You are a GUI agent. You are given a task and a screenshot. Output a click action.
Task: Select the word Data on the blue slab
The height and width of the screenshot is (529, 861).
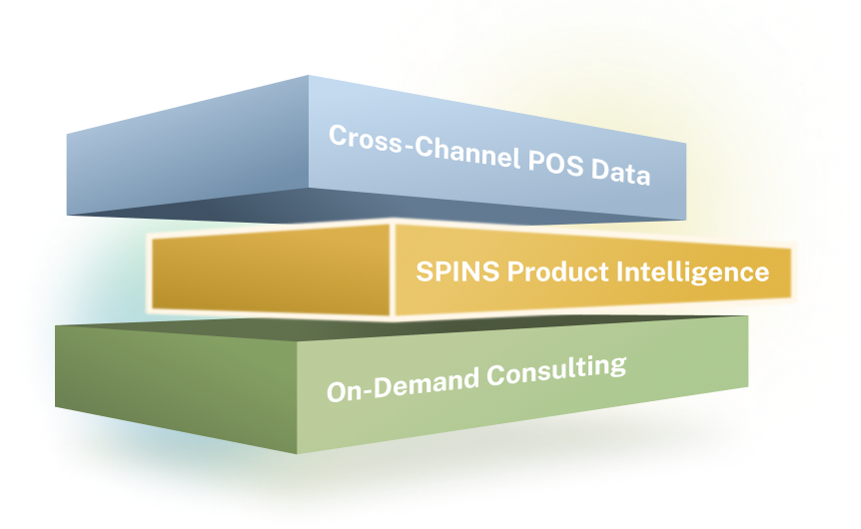(x=619, y=176)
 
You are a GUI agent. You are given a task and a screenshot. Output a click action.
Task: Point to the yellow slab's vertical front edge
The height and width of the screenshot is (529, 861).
(x=393, y=269)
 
